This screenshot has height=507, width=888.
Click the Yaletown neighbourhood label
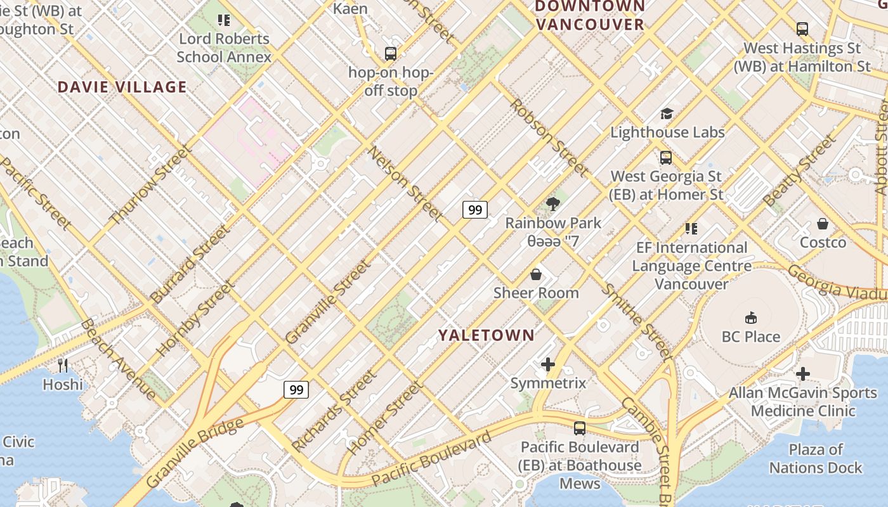(486, 335)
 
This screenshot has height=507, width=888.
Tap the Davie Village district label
(122, 87)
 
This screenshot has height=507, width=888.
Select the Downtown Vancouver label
(590, 16)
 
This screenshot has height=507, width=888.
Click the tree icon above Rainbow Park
(552, 203)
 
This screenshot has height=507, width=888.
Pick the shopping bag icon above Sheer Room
(536, 274)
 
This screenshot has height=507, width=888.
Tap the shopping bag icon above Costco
(823, 224)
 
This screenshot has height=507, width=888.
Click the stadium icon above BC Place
(751, 317)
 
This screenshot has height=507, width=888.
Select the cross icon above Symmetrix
(548, 364)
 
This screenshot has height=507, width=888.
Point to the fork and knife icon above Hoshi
(63, 365)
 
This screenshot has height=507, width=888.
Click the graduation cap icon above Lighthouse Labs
(667, 113)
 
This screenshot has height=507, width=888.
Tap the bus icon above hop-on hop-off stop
(391, 54)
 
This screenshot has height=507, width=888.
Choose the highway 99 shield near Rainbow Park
(474, 209)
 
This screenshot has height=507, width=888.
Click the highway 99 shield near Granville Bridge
(296, 389)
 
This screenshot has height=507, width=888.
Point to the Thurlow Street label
(150, 185)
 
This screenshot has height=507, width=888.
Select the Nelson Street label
(406, 184)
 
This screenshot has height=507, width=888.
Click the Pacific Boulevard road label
(431, 459)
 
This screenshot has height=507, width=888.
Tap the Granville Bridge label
(195, 452)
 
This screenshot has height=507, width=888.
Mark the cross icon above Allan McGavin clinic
(802, 374)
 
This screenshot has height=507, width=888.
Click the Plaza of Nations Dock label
(816, 459)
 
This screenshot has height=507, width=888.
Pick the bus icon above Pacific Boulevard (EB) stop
(580, 428)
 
